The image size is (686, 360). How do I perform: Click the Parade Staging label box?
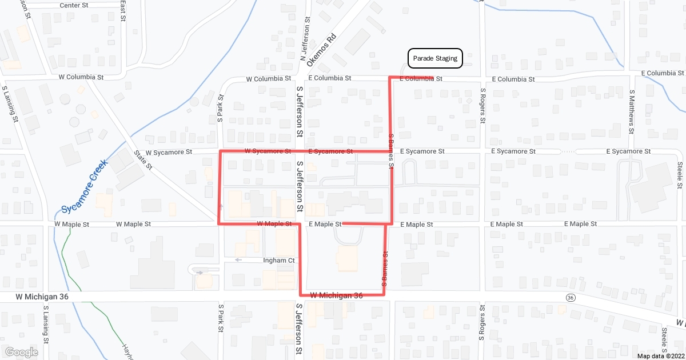(434, 58)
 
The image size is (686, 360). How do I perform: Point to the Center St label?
(77, 6)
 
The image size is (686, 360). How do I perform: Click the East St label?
(123, 10)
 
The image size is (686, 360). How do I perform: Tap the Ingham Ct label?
(278, 261)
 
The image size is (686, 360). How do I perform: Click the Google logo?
(22, 352)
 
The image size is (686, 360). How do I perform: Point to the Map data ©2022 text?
(660, 356)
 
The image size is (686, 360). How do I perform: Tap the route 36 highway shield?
(570, 298)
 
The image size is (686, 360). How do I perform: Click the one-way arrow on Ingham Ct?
(239, 260)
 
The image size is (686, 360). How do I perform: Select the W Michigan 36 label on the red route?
(337, 295)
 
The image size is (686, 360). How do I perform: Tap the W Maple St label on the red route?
(274, 223)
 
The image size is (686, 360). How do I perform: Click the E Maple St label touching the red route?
(325, 224)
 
